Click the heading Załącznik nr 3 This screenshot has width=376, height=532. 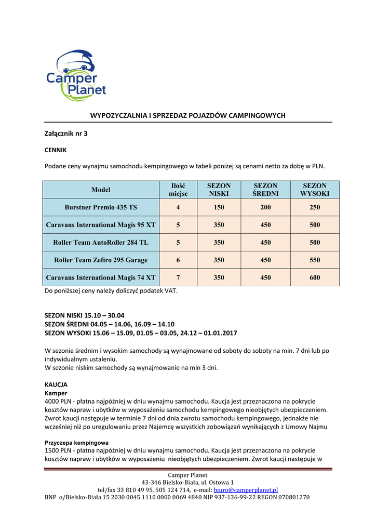(x=66, y=134)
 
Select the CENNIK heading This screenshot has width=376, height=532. (x=56, y=150)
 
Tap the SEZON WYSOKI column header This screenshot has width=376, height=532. (x=314, y=190)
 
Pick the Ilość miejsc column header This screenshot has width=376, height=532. (x=178, y=190)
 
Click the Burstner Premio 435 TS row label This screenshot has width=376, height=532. (x=101, y=207)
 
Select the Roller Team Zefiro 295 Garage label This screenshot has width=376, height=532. (x=101, y=260)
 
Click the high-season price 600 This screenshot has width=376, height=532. (x=314, y=277)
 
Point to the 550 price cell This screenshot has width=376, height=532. (x=314, y=260)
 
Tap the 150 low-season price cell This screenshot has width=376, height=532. (x=219, y=207)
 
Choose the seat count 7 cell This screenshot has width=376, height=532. (x=178, y=277)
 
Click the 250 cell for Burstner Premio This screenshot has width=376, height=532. (x=314, y=207)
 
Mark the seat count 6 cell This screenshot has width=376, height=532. (x=178, y=260)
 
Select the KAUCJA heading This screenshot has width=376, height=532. (x=56, y=384)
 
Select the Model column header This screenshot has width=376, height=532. (x=101, y=190)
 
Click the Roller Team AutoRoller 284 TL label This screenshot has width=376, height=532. (x=101, y=243)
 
